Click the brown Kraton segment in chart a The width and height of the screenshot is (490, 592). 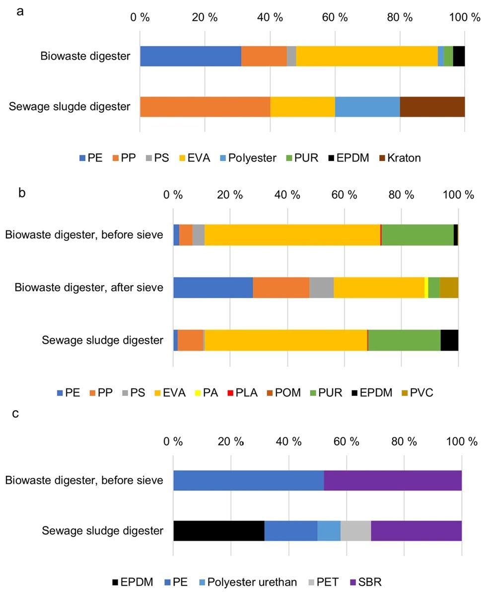432,107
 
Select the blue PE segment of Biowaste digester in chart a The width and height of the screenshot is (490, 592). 190,56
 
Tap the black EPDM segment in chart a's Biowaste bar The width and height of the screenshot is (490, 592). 459,56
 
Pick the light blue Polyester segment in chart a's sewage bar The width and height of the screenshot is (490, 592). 367,107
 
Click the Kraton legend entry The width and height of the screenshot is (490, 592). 400,158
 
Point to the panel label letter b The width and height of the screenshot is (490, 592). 21,193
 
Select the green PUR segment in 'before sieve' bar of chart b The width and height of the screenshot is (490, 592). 417,234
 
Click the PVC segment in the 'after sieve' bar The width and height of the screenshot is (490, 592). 449,288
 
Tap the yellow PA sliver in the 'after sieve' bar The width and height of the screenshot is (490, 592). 426,288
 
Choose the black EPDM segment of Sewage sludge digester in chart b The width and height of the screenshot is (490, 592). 449,340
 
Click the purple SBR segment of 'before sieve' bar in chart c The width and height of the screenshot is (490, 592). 392,480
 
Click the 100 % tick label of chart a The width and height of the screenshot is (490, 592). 465,17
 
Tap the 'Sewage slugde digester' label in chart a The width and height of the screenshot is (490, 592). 70,107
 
